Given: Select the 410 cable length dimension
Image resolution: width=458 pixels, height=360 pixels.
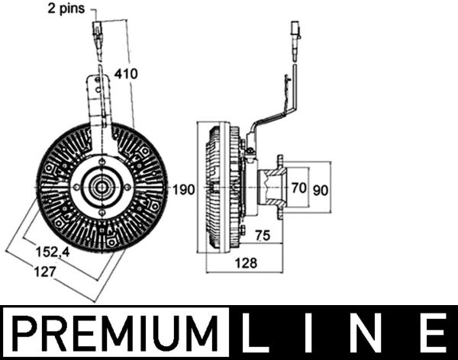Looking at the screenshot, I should point(126,73).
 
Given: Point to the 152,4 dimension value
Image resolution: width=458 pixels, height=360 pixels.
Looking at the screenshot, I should point(57,249).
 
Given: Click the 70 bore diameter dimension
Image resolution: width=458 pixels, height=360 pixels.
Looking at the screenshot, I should point(299,186).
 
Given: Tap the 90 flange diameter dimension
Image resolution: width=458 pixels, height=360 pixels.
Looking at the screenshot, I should point(322,189).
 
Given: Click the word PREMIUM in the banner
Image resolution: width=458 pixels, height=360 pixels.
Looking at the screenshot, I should point(116,333).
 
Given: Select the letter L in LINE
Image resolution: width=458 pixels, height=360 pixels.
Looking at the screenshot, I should point(257,333).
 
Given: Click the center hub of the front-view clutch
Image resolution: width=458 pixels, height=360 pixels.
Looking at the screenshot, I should point(101,187).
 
